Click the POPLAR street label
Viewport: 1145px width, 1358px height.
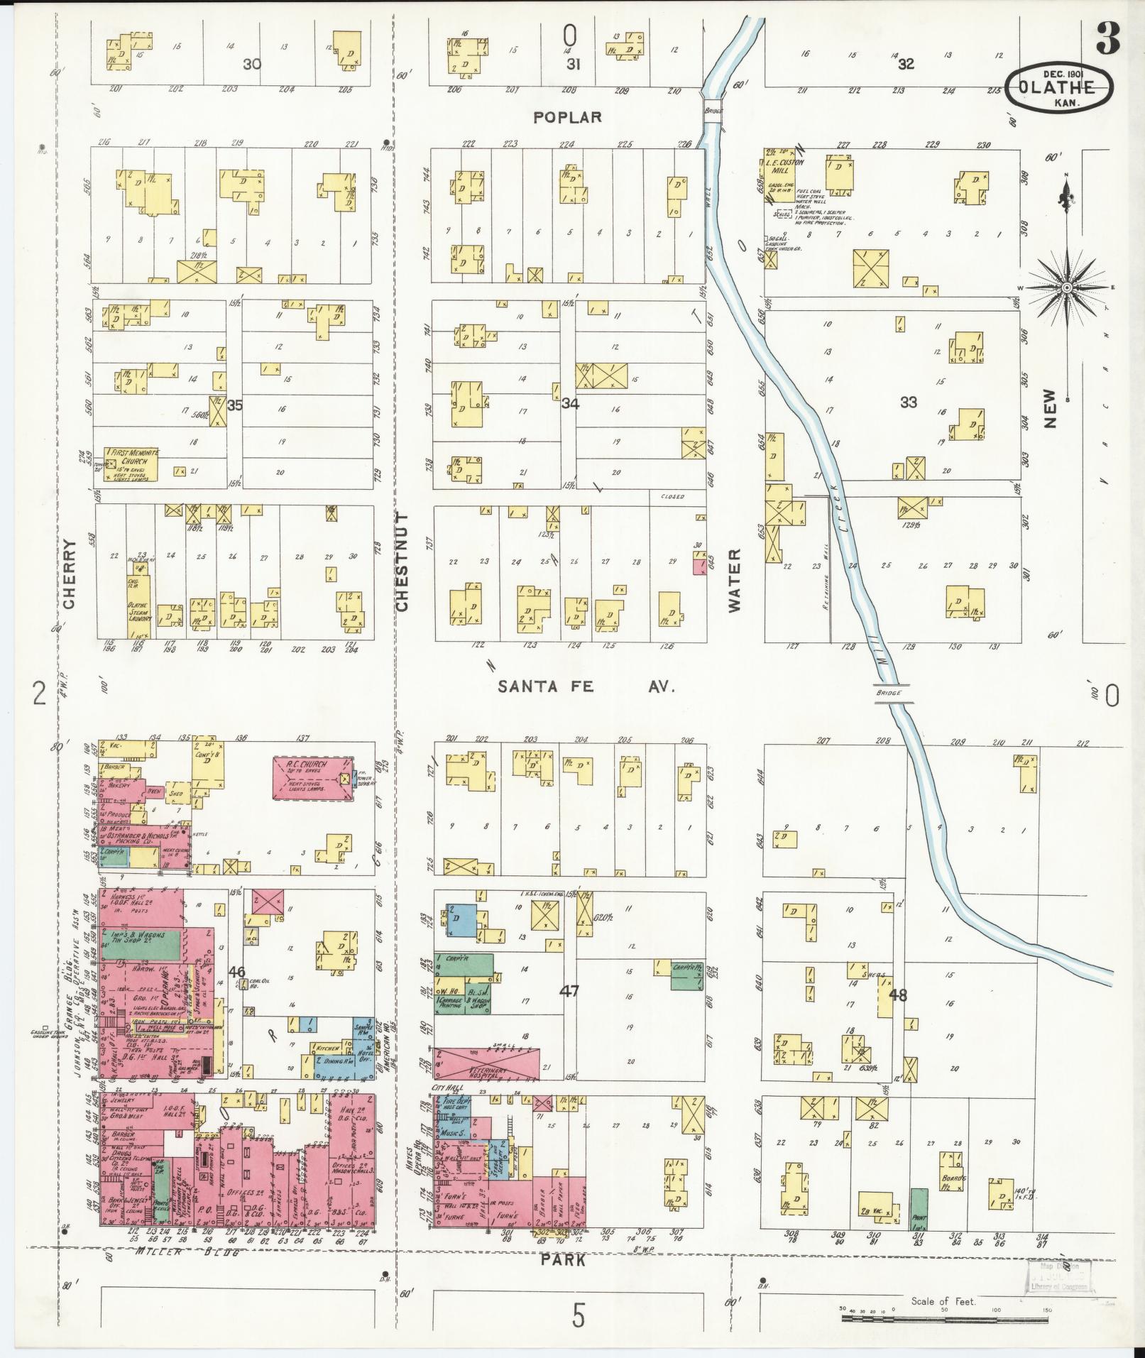pyautogui.click(x=568, y=117)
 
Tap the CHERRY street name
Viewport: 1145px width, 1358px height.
pyautogui.click(x=69, y=574)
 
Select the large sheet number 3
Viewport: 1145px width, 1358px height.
pyautogui.click(x=1107, y=39)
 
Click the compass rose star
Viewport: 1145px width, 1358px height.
pyautogui.click(x=1067, y=288)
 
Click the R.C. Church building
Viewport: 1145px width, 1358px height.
pyautogui.click(x=314, y=778)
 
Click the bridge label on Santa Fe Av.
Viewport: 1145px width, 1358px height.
pyautogui.click(x=888, y=693)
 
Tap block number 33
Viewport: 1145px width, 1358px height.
pyautogui.click(x=908, y=403)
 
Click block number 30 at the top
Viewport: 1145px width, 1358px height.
pyautogui.click(x=251, y=64)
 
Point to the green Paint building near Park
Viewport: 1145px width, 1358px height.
pyautogui.click(x=919, y=1209)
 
